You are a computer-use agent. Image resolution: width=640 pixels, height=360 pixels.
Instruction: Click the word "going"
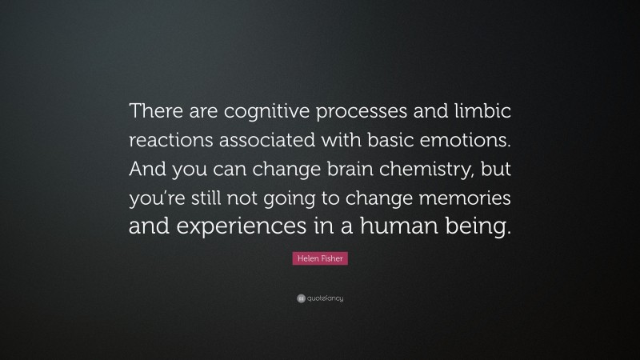(x=305, y=198)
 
